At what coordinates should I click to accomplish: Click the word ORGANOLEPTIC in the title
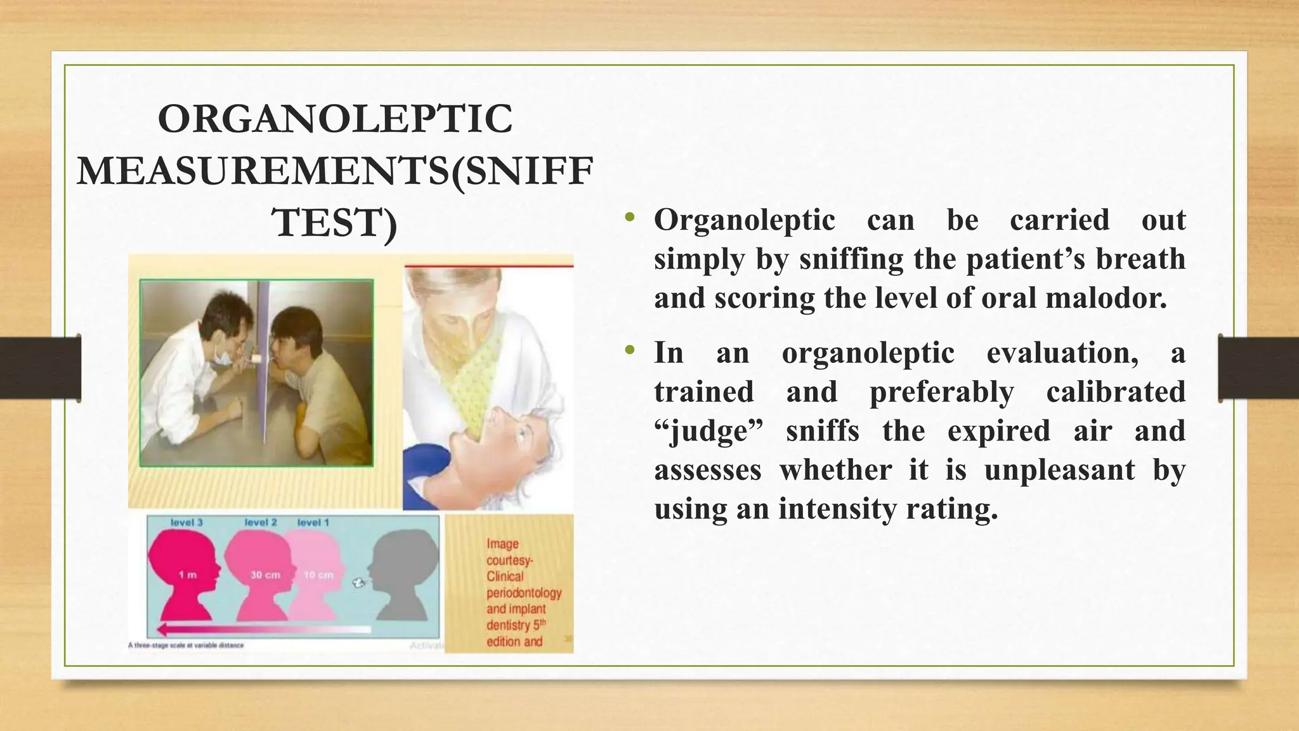[335, 119]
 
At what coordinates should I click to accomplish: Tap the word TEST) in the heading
[334, 223]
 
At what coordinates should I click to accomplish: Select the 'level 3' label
[186, 523]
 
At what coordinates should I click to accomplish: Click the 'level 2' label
[261, 523]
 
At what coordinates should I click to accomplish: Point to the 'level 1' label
[313, 523]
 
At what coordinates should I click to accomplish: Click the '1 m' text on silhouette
[188, 575]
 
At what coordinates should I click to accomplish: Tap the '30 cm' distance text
[264, 575]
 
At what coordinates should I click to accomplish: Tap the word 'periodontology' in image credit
[524, 593]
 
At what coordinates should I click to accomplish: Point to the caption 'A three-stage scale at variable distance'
[186, 645]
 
